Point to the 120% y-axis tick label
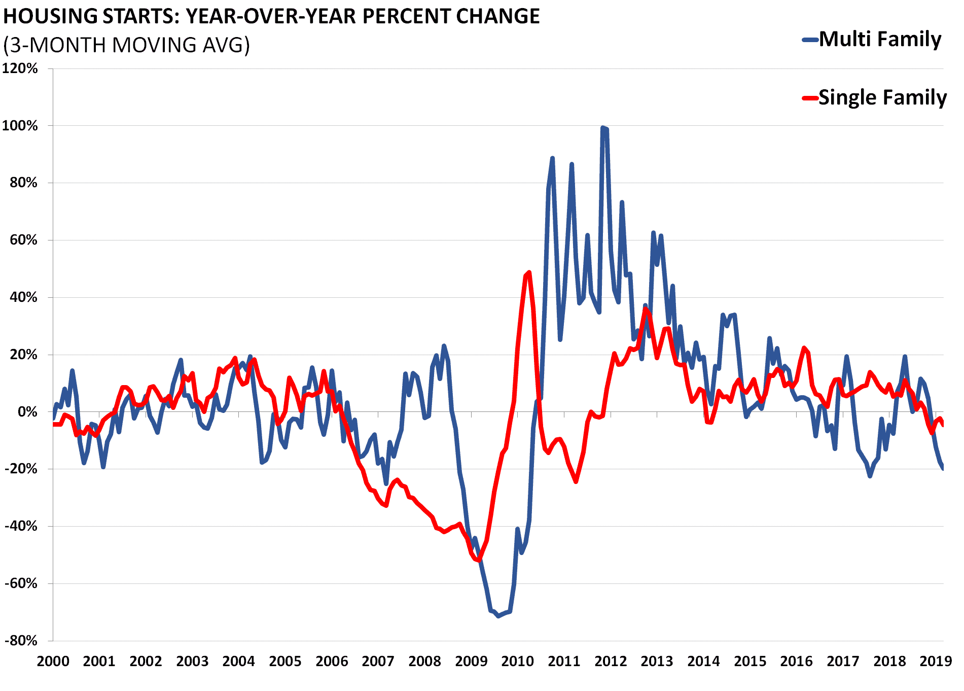(20, 68)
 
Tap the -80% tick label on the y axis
(21, 641)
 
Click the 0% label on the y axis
(27, 412)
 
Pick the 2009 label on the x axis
(471, 662)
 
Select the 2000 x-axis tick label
(53, 662)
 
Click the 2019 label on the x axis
(936, 662)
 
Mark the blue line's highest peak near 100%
(603, 128)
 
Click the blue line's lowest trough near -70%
(498, 616)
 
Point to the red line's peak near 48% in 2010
(529, 272)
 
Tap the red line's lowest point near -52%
(478, 560)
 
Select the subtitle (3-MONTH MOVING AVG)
(127, 45)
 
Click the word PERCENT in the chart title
(406, 17)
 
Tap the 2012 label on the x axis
(611, 662)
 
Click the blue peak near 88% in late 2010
(552, 158)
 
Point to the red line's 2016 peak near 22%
(804, 348)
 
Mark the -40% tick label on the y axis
(21, 526)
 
